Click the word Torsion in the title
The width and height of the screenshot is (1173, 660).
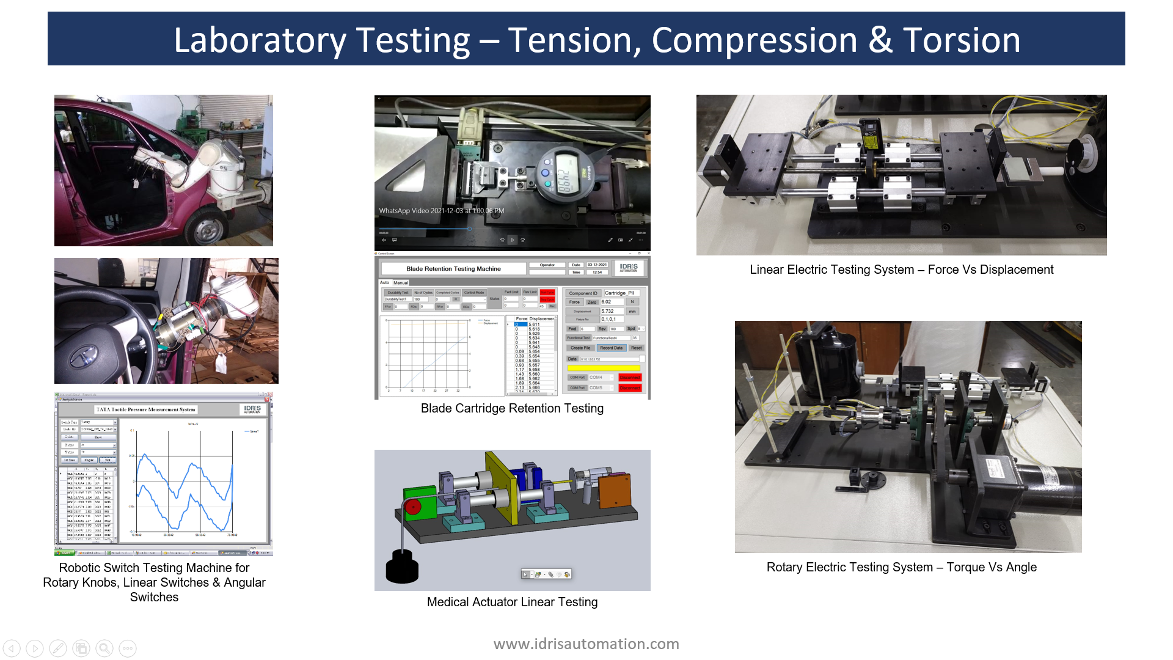[961, 40]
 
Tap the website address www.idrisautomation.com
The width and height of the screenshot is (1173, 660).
[586, 643]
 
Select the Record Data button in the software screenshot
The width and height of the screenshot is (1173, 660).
[611, 348]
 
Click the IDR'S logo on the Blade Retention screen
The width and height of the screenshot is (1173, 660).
[628, 268]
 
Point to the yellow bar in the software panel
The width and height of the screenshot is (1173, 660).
[604, 368]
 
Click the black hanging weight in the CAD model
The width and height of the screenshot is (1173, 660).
[402, 566]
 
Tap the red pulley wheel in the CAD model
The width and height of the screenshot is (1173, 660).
[414, 507]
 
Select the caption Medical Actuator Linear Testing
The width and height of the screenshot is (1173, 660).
[512, 602]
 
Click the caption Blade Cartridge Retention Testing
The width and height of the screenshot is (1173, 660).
[512, 408]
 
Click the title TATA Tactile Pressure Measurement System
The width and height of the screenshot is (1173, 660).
[145, 409]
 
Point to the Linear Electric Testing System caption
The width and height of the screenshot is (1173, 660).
[901, 269]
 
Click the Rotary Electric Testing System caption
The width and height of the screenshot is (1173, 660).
[901, 567]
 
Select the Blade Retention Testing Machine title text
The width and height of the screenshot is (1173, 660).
[453, 269]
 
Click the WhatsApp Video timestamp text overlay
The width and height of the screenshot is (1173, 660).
[441, 211]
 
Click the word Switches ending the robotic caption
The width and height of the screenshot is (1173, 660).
[154, 597]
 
